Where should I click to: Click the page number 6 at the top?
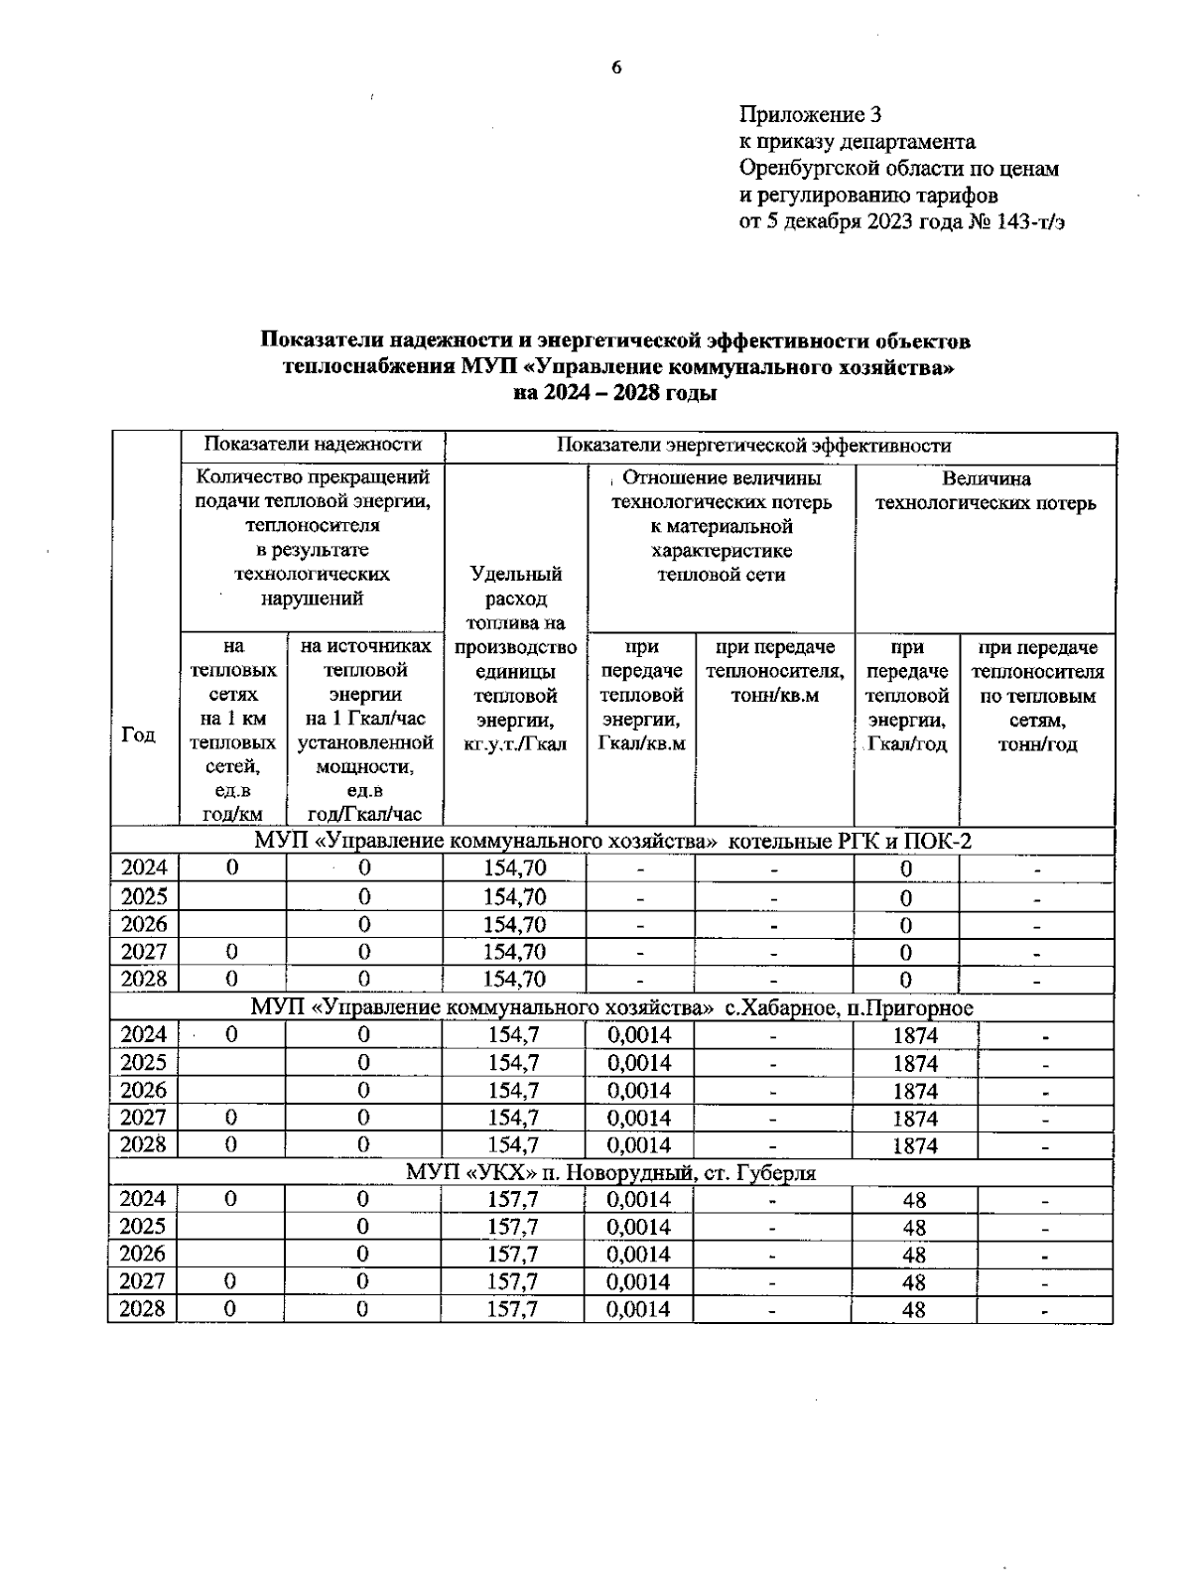pos(615,67)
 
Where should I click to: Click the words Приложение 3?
pos(810,115)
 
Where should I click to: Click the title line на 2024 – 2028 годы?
pos(615,393)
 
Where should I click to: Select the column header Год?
pos(139,734)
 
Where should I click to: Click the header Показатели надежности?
pos(313,445)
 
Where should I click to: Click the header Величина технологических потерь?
pos(986,491)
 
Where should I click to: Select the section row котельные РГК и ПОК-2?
pos(612,842)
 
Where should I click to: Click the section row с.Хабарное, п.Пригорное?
pos(611,1008)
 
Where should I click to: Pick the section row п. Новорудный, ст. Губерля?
pos(610,1173)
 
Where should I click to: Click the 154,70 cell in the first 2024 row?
pos(514,868)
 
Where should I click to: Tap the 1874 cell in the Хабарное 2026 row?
pos(914,1091)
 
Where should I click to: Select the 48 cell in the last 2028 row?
pos(913,1310)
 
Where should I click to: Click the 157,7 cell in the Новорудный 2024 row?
pos(512,1200)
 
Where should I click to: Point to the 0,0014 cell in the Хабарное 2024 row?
pos(638,1035)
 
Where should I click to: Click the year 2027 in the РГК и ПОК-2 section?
pos(144,952)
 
